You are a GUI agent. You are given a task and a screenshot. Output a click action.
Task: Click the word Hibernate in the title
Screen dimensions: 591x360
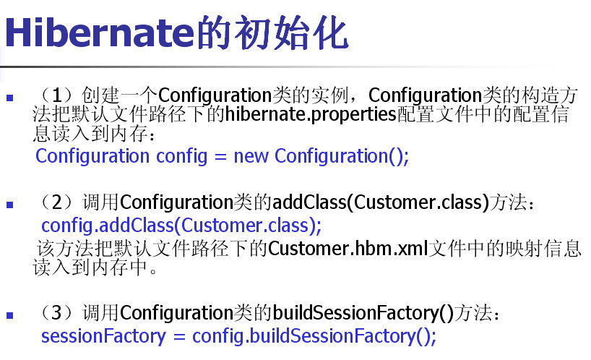[x=100, y=33]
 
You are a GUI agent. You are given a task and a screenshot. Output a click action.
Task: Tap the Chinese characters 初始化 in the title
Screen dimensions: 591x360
[x=291, y=33]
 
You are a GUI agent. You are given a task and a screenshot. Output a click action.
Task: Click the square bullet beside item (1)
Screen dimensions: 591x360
[x=10, y=98]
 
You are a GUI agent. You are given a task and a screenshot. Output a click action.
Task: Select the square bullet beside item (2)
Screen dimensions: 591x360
[x=10, y=205]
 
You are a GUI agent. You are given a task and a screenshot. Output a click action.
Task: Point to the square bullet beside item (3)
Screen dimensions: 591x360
[x=10, y=315]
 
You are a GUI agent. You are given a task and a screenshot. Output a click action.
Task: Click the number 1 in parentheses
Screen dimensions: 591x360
[x=56, y=95]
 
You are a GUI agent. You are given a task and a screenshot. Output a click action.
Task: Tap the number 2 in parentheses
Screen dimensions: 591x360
[x=57, y=202]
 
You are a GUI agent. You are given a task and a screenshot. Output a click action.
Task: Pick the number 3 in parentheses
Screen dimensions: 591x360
[x=57, y=312]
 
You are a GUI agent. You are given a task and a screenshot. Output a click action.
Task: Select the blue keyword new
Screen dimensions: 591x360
[x=251, y=156]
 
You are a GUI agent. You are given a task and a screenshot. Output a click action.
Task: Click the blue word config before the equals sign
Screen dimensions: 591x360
[x=181, y=157]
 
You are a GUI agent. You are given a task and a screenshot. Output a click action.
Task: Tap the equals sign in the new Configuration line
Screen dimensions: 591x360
[x=220, y=157]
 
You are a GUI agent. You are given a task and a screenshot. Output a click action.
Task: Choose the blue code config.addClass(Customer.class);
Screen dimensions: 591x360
[x=181, y=226]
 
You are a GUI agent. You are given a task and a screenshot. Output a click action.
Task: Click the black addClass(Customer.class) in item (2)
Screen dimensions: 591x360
[x=381, y=202]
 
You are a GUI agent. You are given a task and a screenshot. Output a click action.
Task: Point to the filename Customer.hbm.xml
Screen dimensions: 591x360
[x=348, y=249]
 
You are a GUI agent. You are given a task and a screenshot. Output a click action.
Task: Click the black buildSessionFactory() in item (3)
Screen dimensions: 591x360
[x=363, y=313]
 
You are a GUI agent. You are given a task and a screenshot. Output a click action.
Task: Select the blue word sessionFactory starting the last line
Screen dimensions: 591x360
[x=103, y=336]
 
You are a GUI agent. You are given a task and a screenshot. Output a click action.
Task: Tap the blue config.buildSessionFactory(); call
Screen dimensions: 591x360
[x=314, y=337]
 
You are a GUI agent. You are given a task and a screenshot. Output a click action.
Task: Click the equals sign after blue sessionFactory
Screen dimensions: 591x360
[x=179, y=337]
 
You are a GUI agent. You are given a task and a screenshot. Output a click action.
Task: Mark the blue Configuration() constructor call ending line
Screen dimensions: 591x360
[x=342, y=157]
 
